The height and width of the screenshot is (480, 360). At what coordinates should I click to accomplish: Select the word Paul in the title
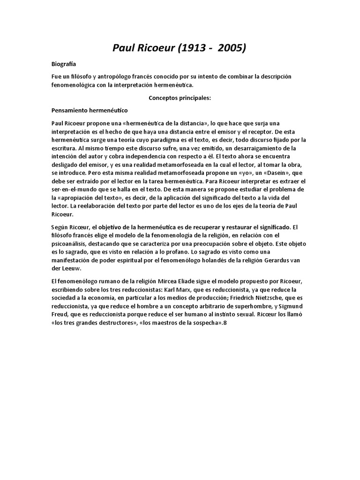tap(125, 48)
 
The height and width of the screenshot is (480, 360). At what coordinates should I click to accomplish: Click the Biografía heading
tap(64, 64)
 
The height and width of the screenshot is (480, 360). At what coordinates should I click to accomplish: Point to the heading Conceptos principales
tap(180, 98)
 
